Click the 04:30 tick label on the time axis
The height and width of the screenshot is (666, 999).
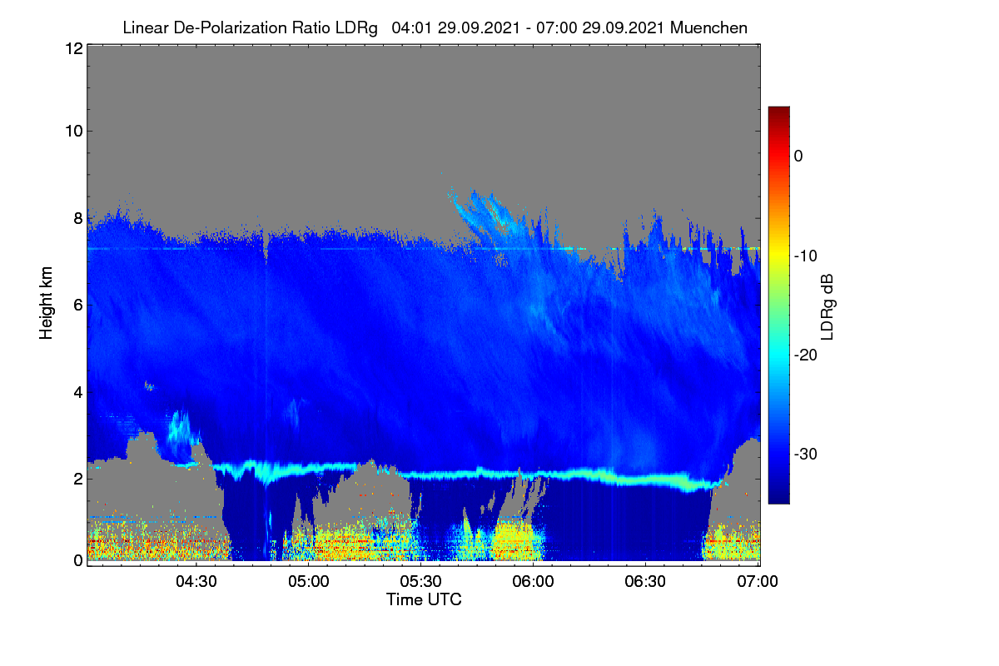click(196, 582)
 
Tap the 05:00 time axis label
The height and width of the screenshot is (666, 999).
click(309, 582)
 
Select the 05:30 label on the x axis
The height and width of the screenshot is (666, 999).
click(420, 582)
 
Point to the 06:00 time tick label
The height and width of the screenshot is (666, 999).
click(533, 582)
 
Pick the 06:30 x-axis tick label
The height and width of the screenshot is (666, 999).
click(645, 582)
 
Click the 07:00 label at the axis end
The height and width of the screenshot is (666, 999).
click(758, 582)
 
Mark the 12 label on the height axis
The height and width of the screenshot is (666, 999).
click(74, 48)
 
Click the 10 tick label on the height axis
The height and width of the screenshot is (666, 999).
click(74, 132)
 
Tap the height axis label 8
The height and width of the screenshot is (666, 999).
click(78, 219)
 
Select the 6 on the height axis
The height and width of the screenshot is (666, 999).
click(78, 306)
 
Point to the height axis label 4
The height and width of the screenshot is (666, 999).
click(78, 393)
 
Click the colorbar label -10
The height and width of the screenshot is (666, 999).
click(806, 256)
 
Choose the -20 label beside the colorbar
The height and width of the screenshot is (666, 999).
click(806, 355)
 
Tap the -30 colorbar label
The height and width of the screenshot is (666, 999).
click(806, 454)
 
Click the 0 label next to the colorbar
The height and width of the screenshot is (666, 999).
click(798, 157)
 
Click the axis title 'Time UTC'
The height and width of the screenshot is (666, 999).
click(424, 599)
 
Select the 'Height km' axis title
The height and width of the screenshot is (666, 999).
click(46, 303)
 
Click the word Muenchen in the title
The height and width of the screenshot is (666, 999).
click(708, 27)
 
